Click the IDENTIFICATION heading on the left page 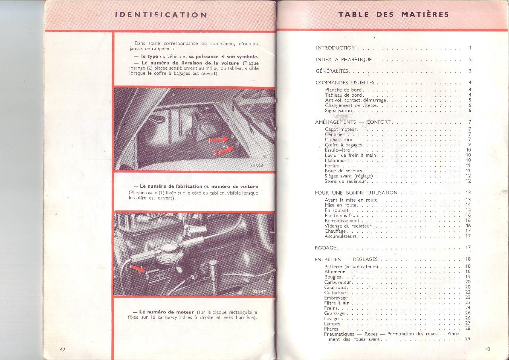tap(161, 15)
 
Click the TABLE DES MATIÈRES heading tap(394, 15)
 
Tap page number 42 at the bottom tap(62, 349)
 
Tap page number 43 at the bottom tap(488, 349)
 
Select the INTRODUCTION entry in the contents tap(336, 48)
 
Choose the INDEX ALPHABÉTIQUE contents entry tap(344, 60)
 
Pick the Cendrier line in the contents tap(334, 134)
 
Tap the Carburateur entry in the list tap(338, 282)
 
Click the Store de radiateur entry tap(346, 181)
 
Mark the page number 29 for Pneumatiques tap(468, 339)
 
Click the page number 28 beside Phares tap(468, 329)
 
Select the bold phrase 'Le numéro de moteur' tap(167, 312)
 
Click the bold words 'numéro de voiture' tap(235, 187)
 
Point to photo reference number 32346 tap(257, 165)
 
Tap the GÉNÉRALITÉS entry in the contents tap(332, 71)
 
